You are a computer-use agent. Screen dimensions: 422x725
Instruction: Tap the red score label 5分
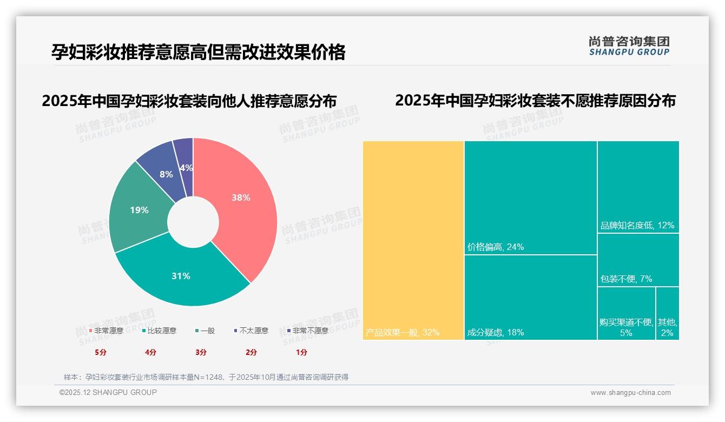(101, 352)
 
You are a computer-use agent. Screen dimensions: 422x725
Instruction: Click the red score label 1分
(301, 352)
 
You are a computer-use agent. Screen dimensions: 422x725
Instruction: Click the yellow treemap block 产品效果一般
(413, 241)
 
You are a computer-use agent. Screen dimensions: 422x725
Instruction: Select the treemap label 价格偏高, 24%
(496, 247)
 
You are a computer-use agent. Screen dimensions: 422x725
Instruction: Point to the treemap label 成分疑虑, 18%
(496, 333)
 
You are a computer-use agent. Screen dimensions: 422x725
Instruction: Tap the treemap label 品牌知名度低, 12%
(637, 226)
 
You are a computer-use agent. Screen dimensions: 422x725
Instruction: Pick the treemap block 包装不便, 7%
(638, 260)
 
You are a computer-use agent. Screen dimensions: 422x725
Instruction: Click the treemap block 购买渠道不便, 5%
(627, 314)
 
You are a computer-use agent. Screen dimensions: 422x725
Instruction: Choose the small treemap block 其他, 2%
(667, 314)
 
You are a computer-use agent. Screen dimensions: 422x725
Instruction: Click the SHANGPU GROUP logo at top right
(629, 45)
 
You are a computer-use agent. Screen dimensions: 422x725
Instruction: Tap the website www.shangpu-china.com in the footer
(630, 393)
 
